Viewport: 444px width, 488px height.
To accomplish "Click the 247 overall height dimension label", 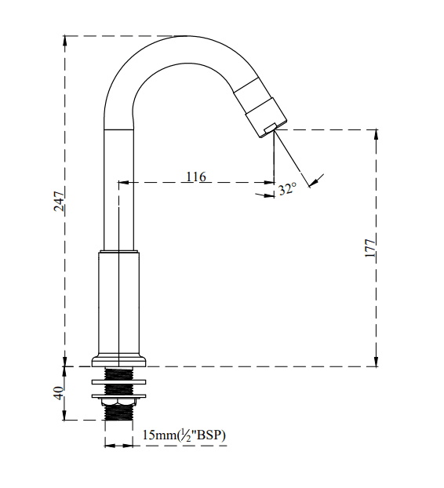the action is [x=59, y=202].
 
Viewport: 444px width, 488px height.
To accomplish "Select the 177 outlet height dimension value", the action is [x=370, y=248].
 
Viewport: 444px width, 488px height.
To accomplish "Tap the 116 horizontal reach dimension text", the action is [x=196, y=177].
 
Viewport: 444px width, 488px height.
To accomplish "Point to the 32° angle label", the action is [x=287, y=189].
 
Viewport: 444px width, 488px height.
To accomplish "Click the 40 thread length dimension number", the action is [x=59, y=393].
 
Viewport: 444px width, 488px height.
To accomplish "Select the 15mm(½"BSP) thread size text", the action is [x=184, y=435].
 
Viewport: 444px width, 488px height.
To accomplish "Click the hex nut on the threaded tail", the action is [x=119, y=402].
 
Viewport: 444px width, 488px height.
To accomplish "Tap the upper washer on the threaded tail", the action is [x=119, y=381].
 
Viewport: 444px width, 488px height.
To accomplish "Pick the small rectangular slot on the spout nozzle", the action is [x=270, y=128].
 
